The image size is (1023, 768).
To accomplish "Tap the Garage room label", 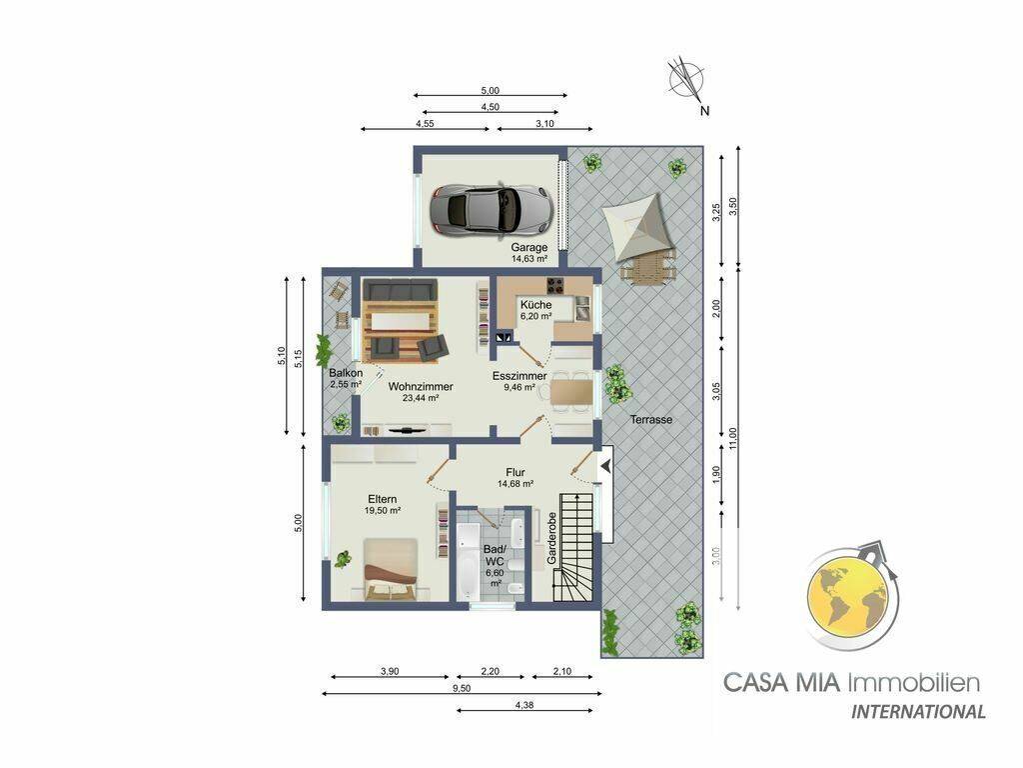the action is coord(529,248).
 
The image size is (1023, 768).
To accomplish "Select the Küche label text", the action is coord(535,304).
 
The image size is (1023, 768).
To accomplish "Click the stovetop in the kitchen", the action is coord(555,285).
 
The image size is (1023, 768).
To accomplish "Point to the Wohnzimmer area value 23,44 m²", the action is coord(421,398).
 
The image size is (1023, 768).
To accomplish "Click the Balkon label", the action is coord(346,373).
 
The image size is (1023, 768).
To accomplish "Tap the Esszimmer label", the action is coord(519,376).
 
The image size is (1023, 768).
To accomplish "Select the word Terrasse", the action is coord(651,420).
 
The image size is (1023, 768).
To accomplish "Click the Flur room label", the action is coord(515,472).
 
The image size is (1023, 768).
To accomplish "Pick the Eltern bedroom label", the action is coord(382,499).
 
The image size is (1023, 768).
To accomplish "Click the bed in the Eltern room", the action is coord(391,568).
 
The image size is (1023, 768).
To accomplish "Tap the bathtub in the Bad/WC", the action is coord(468,561).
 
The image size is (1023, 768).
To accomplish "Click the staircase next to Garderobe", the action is coord(574,547).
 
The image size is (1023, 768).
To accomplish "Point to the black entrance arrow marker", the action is coord(606,466).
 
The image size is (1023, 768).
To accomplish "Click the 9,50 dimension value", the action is coord(461,688).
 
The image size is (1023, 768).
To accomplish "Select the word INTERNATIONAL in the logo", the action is coord(918,711).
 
